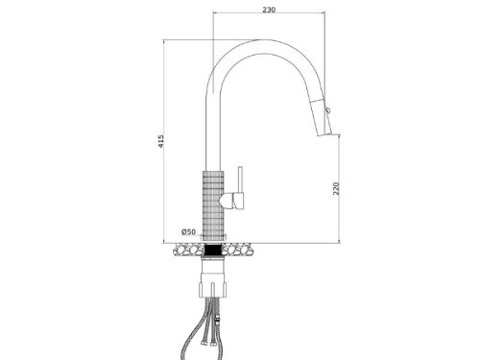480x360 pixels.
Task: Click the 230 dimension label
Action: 269,10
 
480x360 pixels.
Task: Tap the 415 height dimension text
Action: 161,141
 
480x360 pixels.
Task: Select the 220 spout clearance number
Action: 336,188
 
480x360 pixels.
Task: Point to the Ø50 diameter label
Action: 188,231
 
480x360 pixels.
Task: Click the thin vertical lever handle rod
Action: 241,180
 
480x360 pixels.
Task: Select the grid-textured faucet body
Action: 213,204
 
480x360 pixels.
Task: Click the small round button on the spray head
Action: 327,110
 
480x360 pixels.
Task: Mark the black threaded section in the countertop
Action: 213,250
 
